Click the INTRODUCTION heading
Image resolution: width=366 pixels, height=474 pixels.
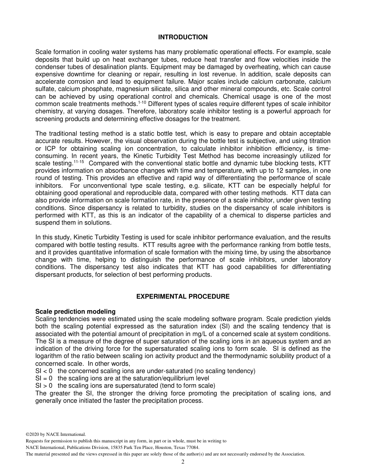[x=183, y=37]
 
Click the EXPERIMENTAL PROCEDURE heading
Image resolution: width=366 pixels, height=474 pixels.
[x=183, y=297]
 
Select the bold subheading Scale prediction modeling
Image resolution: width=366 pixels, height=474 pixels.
[x=75, y=312]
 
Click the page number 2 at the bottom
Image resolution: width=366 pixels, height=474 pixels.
[x=183, y=462]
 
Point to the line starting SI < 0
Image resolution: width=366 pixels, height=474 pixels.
[x=145, y=371]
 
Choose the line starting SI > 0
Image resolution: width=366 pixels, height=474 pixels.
[x=125, y=386]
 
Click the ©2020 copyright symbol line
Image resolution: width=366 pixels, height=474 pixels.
[x=55, y=434]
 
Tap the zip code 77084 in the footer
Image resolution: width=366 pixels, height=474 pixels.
[x=193, y=447]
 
